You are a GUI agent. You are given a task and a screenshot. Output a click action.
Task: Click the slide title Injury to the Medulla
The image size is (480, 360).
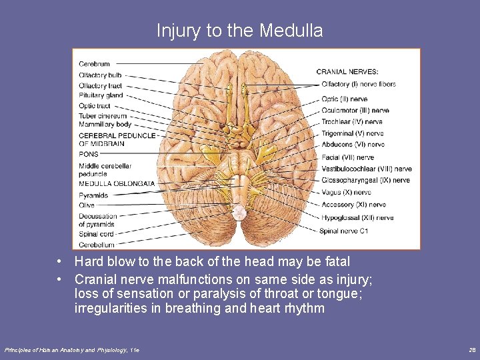pyautogui.click(x=240, y=31)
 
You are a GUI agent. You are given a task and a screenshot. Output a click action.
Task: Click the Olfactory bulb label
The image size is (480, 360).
pyautogui.click(x=100, y=75)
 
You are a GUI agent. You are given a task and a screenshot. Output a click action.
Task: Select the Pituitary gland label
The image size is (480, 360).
pyautogui.click(x=101, y=95)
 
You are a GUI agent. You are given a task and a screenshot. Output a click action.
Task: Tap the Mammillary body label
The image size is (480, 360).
pyautogui.click(x=105, y=125)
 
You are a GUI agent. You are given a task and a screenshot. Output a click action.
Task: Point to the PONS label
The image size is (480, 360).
pyautogui.click(x=88, y=154)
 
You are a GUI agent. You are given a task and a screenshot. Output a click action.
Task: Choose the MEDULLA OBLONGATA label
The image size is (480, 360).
pyautogui.click(x=117, y=183)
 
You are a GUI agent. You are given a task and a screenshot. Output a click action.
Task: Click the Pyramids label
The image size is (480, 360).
pyautogui.click(x=93, y=195)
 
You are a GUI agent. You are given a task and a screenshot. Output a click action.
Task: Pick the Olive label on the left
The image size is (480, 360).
pyautogui.click(x=87, y=205)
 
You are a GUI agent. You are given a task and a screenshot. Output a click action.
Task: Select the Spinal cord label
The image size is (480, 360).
pyautogui.click(x=96, y=234)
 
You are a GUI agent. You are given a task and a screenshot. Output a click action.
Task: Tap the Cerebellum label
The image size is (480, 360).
pyautogui.click(x=96, y=245)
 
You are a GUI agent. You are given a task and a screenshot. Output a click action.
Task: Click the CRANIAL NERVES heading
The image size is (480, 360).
pyautogui.click(x=347, y=71)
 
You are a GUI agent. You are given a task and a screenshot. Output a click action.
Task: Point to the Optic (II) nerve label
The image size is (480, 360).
pyautogui.click(x=344, y=99)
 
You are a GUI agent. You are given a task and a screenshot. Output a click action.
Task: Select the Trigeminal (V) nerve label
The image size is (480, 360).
pyautogui.click(x=352, y=133)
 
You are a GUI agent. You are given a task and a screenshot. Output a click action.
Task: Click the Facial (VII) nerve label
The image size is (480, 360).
pyautogui.click(x=347, y=157)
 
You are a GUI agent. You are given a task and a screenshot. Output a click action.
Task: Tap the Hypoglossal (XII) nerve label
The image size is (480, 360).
pyautogui.click(x=357, y=217)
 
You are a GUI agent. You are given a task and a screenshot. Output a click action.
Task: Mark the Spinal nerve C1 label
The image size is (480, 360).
pyautogui.click(x=344, y=231)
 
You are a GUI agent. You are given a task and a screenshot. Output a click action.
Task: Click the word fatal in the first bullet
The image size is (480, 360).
pyautogui.click(x=337, y=261)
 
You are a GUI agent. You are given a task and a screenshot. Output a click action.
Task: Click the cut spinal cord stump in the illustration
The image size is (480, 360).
pyautogui.click(x=238, y=212)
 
